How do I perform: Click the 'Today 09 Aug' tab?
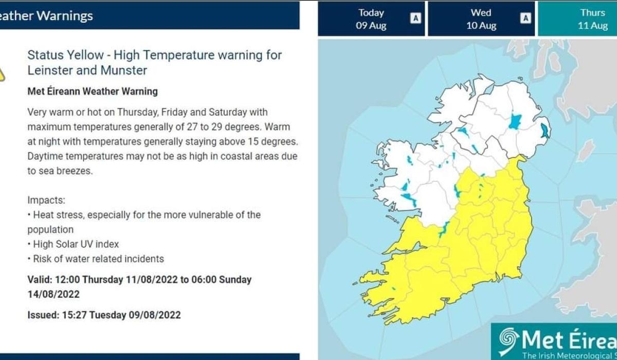pyautogui.click(x=371, y=19)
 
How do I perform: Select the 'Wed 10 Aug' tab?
pyautogui.click(x=481, y=19)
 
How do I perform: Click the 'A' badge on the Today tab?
pyautogui.click(x=415, y=19)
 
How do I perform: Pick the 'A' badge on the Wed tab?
pyautogui.click(x=525, y=19)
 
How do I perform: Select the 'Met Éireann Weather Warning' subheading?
pyautogui.click(x=93, y=92)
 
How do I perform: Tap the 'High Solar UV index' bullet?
pyautogui.click(x=76, y=244)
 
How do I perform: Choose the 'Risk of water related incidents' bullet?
pyautogui.click(x=98, y=259)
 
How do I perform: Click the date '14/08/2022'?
pyautogui.click(x=53, y=294)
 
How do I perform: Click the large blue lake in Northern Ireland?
pyautogui.click(x=515, y=122)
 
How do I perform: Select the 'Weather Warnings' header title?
pyautogui.click(x=46, y=16)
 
